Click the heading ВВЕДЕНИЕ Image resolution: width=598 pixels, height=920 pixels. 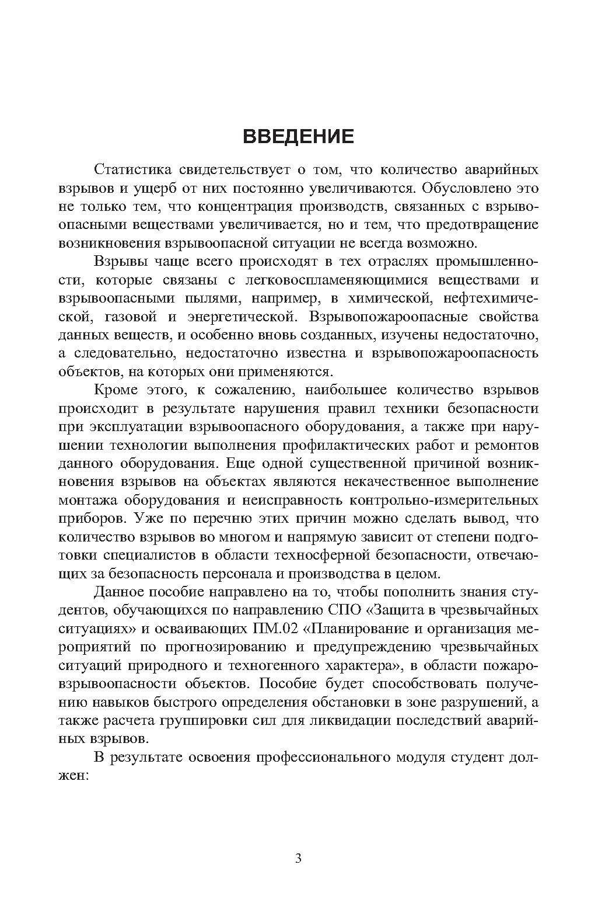pos(298,136)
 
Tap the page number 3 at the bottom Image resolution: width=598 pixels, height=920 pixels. pos(298,859)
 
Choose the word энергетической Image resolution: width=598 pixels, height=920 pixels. pos(239,317)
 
